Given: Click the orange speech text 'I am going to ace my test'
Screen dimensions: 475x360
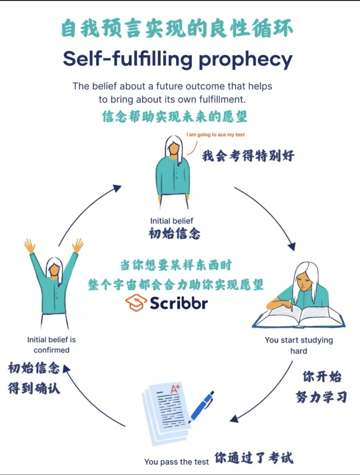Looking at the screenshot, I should point(215,135).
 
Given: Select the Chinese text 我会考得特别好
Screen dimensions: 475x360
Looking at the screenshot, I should point(248,156).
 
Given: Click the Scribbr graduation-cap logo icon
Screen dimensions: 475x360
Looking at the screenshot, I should point(136,303).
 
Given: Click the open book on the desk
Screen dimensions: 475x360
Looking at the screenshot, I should point(298,316).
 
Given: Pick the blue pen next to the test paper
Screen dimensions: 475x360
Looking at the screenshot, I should point(201,407).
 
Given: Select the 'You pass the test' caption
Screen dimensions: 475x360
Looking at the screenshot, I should point(177,461).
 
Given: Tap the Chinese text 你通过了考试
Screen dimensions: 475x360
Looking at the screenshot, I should point(254,457).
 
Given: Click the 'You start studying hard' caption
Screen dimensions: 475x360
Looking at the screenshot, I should point(299,346).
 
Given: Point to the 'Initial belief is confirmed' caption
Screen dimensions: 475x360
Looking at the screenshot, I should point(51,345).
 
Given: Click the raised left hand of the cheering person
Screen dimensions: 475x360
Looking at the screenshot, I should point(29,246).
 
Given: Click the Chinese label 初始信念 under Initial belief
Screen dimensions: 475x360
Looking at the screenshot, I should point(175,234).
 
